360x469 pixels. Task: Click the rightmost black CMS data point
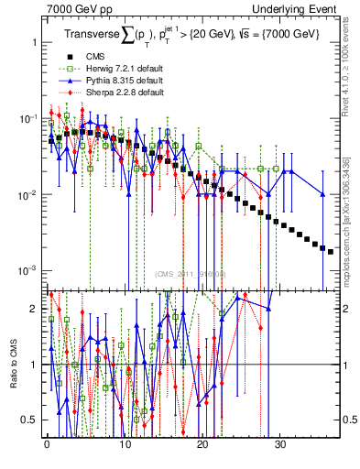point(331,251)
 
